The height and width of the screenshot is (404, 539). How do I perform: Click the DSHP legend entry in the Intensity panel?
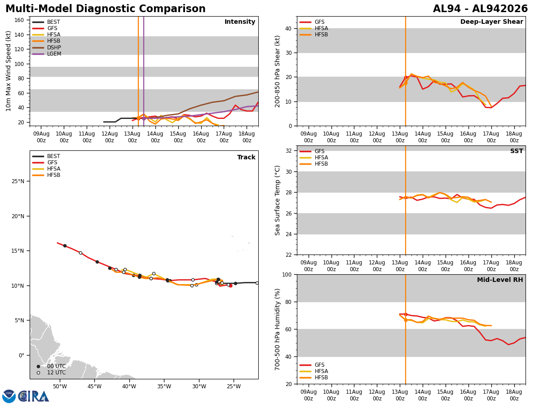(x=47, y=47)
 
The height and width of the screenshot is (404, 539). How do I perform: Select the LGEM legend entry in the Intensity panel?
(x=47, y=54)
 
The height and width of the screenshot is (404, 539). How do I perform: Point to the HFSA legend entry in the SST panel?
(x=314, y=158)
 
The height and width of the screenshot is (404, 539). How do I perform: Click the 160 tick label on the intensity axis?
(x=19, y=20)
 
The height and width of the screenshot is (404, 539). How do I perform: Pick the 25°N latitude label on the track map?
(x=18, y=181)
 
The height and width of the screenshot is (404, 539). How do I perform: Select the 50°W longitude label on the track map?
(x=60, y=386)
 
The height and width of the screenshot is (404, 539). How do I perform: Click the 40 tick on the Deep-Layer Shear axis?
(x=288, y=28)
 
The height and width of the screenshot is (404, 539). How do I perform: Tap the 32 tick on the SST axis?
(x=288, y=151)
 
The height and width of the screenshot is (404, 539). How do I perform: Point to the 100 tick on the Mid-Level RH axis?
(x=287, y=274)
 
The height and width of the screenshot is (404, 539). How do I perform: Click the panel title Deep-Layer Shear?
(x=491, y=22)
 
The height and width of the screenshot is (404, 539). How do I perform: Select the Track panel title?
(x=246, y=157)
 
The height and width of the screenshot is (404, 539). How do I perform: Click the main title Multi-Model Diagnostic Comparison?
(x=106, y=9)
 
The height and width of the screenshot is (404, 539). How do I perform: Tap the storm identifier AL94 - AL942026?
(x=480, y=9)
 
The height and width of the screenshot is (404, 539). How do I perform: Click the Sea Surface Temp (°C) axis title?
(x=277, y=200)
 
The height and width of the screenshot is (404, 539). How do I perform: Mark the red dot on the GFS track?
(x=230, y=286)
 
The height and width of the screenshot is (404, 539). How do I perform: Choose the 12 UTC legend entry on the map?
(x=52, y=373)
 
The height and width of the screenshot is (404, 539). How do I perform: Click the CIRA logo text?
(x=33, y=396)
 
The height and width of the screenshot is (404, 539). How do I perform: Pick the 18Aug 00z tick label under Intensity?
(x=247, y=137)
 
